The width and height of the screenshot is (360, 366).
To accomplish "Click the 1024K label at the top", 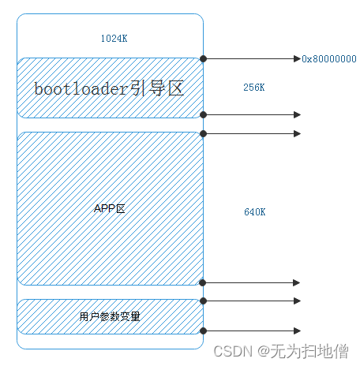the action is [114, 39].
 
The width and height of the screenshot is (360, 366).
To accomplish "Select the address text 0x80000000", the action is [329, 59].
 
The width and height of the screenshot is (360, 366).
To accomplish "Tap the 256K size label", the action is [254, 88].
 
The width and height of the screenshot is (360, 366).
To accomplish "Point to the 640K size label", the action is [255, 212].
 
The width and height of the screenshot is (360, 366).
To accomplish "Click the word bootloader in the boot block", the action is [81, 88].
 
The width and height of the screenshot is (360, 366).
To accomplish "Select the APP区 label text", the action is [110, 208].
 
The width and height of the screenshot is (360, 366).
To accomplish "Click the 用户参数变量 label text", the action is [110, 316].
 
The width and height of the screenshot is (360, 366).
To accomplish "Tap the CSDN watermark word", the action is [233, 351].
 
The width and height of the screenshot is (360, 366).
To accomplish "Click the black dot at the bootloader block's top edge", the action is [203, 58].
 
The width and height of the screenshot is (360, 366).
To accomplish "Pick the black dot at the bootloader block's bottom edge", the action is [203, 114].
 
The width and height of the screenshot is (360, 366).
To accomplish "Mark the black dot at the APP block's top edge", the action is [203, 133].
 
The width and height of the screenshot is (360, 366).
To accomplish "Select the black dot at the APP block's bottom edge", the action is [203, 283].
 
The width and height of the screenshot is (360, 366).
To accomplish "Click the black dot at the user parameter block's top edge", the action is [203, 301].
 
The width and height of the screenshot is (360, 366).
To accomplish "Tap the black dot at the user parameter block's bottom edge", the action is [203, 331].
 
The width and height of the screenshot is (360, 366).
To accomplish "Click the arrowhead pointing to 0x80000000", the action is [298, 58].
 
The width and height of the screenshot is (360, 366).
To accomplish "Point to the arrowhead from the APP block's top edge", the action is [298, 133].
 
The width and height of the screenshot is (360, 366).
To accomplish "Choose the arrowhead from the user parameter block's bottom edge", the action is [298, 331].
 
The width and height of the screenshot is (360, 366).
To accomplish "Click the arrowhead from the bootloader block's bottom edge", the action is [298, 114].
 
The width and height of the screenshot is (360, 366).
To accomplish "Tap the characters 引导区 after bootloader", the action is [157, 88].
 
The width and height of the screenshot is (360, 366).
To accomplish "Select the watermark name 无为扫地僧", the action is [309, 351].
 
